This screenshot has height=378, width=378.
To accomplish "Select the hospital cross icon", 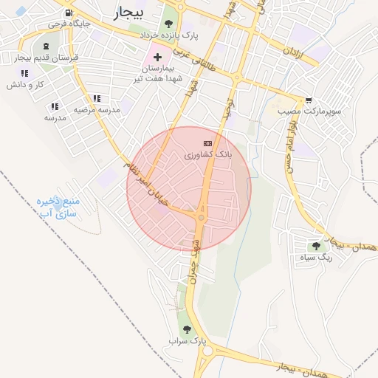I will (157, 57).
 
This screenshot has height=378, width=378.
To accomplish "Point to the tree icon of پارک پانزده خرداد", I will (178, 27).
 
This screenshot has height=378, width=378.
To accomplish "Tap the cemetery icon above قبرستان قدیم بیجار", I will (47, 46).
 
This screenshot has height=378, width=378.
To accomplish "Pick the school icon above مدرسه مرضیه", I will (97, 98).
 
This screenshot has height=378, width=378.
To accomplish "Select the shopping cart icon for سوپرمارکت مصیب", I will (308, 100).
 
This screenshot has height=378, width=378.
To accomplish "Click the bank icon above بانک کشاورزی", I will (207, 143).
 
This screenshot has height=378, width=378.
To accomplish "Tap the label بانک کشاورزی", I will (208, 155).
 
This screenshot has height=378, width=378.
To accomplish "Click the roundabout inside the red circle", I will (200, 216).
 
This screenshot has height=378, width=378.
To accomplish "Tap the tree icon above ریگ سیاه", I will (316, 246).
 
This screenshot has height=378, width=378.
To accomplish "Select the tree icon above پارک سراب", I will (186, 329).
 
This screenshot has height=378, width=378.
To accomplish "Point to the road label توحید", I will (231, 111).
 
